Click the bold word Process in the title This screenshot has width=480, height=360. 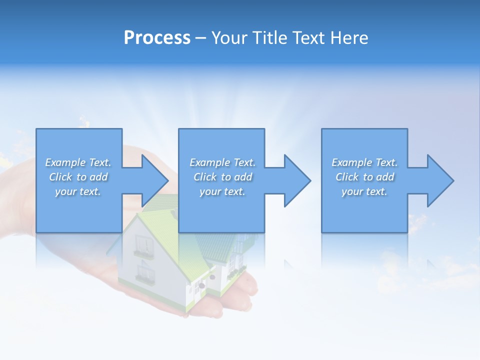[157, 38]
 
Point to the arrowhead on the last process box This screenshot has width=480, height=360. [439, 180]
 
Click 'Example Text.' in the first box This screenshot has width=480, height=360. [78, 162]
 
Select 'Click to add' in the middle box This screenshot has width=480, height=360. [222, 177]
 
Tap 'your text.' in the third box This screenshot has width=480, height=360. [364, 191]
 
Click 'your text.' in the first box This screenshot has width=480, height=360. [78, 191]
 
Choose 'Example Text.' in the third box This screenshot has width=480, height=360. [364, 162]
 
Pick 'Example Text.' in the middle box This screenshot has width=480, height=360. [222, 162]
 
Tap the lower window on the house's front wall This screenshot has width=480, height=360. [144, 274]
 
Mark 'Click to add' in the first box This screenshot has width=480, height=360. [78, 177]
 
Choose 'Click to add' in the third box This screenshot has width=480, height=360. [364, 177]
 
